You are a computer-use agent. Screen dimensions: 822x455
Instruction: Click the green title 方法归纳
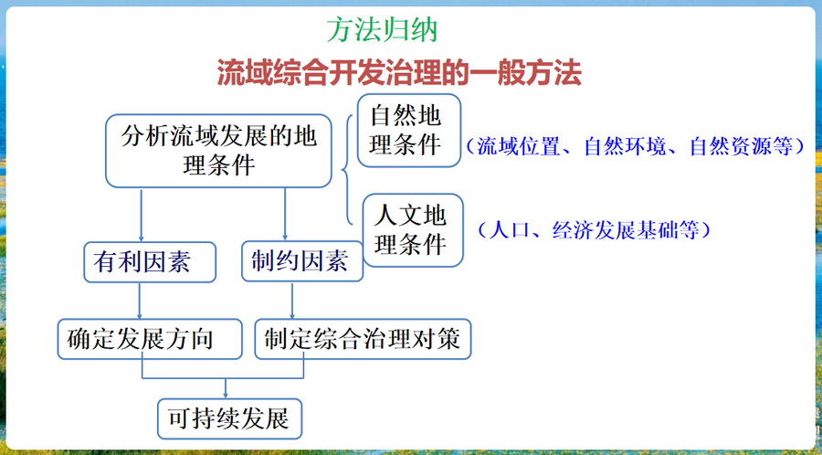click(382, 31)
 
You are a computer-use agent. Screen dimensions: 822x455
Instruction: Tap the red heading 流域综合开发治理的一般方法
click(399, 73)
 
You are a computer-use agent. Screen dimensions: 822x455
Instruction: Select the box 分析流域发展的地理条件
click(218, 151)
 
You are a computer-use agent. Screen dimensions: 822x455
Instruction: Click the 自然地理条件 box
click(409, 131)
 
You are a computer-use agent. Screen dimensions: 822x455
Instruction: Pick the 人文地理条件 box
click(413, 230)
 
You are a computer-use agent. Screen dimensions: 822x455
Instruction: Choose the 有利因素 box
click(150, 262)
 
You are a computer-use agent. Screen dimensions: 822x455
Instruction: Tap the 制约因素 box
click(302, 261)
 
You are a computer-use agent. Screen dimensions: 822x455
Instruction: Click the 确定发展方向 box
click(150, 339)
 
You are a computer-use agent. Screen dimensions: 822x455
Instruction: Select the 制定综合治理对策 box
click(363, 339)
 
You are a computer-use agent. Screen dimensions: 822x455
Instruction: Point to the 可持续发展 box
click(230, 418)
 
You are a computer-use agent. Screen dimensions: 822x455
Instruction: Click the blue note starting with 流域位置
click(635, 146)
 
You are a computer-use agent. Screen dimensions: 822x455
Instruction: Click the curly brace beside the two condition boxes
click(346, 170)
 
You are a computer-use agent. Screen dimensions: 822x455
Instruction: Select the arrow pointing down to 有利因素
click(141, 215)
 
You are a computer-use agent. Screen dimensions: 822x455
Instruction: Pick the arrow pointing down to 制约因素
click(285, 214)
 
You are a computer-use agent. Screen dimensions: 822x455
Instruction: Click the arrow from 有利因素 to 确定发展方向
click(140, 301)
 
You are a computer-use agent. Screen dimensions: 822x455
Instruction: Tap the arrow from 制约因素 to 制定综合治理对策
click(292, 300)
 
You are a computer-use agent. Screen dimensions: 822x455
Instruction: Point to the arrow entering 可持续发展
click(226, 388)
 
